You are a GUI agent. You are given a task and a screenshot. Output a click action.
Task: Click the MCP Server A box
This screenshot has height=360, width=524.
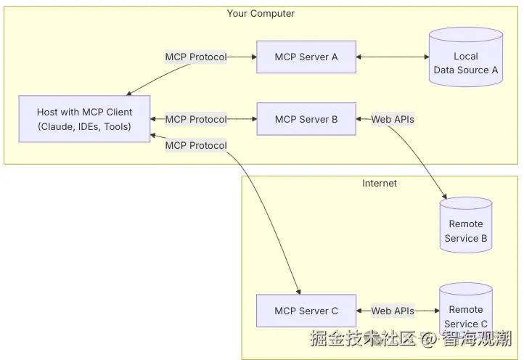[306, 57]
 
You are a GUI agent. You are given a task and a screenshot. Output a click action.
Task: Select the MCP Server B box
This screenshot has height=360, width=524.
[306, 119]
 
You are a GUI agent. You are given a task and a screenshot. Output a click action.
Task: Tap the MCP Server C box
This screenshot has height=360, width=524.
[306, 311]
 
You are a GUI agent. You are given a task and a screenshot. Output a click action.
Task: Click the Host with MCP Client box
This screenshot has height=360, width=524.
[85, 119]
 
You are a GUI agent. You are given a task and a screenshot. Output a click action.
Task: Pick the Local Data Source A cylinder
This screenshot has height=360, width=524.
[465, 58]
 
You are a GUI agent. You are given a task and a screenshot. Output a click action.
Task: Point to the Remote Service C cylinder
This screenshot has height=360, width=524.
[465, 311]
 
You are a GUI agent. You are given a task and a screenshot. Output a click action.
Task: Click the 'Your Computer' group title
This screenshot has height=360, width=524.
[261, 14]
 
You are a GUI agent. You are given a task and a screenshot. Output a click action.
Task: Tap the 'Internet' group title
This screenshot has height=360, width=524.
[380, 184]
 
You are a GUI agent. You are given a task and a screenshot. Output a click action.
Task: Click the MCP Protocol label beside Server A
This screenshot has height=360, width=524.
[196, 57]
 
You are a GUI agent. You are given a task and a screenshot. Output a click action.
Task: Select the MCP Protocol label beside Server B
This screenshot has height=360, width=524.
[196, 119]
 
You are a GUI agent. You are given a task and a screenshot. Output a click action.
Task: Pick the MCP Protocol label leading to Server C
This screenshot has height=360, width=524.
[196, 145]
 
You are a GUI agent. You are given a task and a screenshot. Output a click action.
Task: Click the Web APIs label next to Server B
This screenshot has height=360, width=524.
[393, 119]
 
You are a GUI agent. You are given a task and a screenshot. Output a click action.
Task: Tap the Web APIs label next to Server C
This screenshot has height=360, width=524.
[393, 311]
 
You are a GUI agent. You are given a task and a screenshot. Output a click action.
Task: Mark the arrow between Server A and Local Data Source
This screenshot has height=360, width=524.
[392, 57]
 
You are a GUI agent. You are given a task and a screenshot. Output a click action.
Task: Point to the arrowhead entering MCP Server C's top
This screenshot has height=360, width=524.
[298, 291]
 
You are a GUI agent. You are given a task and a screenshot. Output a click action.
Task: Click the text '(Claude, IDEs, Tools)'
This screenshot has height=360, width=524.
[85, 126]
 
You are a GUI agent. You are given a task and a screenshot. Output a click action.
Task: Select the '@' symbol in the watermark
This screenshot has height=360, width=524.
[429, 338]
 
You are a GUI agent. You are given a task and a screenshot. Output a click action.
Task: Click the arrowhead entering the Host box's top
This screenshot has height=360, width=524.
[128, 94]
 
